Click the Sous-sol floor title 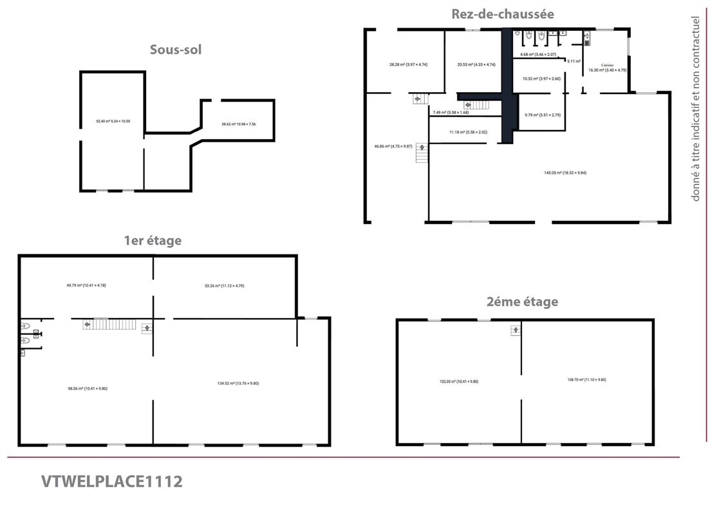(176, 49)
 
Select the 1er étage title (153, 241)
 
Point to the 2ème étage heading (522, 301)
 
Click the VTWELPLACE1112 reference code (112, 481)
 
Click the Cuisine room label (607, 65)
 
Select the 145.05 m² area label (565, 173)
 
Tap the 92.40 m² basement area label (113, 121)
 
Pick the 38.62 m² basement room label (238, 124)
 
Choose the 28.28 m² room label (408, 64)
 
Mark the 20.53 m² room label (476, 64)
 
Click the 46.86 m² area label (393, 146)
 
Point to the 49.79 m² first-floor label (86, 285)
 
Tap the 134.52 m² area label (238, 384)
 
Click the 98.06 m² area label (88, 388)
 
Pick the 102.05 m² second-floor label (458, 382)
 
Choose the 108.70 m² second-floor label (586, 380)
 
